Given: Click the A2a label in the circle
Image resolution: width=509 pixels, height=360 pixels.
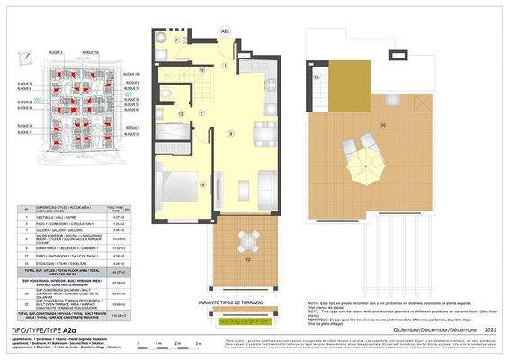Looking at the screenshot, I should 226,33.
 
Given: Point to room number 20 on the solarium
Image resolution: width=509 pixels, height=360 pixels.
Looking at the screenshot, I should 383,124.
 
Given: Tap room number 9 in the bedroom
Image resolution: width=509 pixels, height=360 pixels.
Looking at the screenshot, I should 202,185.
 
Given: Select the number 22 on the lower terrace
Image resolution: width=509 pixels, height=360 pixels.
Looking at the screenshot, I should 247,259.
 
